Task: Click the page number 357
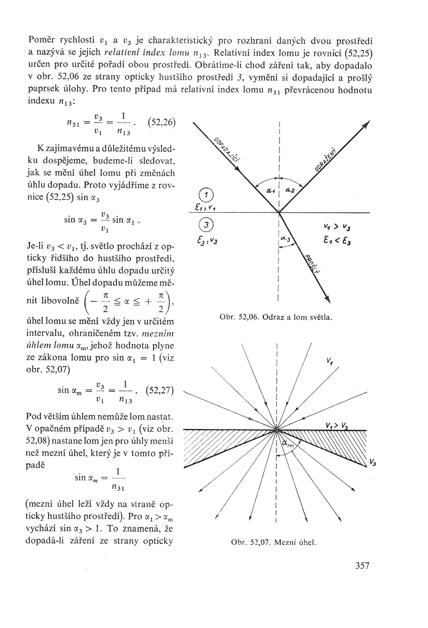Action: [x=360, y=566]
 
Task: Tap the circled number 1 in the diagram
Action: [x=206, y=195]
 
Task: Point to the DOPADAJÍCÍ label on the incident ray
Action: [x=227, y=148]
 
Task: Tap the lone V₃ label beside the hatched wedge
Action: [x=372, y=462]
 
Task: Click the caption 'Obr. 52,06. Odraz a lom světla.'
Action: [x=276, y=317]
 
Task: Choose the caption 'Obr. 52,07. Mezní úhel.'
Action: [x=273, y=542]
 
